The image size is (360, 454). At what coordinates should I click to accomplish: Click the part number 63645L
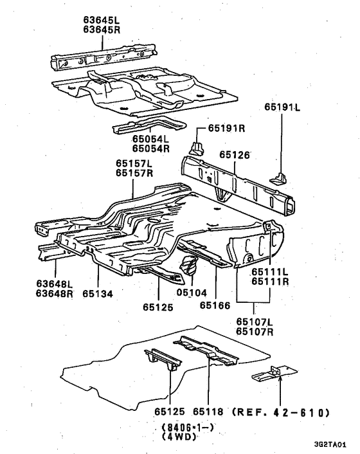pos(102,20)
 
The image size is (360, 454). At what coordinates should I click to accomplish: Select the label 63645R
pos(102,30)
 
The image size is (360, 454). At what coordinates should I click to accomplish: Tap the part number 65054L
pos(151,139)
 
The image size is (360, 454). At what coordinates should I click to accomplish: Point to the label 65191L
pos(282,107)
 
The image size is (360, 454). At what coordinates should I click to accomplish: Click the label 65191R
pos(226,128)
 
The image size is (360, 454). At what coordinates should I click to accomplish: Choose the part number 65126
pos(234,154)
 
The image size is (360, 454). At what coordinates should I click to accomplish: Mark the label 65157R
pos(134,173)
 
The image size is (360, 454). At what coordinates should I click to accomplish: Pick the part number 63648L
pos(55,284)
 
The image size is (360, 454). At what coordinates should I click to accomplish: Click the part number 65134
pos(98,294)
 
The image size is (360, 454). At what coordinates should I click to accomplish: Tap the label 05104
pos(192,293)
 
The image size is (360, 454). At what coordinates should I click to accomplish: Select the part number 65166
pos(215,305)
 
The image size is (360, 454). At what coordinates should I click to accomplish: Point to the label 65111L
pos(270,272)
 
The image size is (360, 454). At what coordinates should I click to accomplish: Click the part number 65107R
pos(255,331)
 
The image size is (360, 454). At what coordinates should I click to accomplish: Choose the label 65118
pos(208,412)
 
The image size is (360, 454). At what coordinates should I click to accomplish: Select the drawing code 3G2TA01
pos(330,444)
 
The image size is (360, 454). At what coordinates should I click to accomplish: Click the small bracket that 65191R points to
pos(196,148)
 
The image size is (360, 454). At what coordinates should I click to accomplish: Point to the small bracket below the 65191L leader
pos(278,178)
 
